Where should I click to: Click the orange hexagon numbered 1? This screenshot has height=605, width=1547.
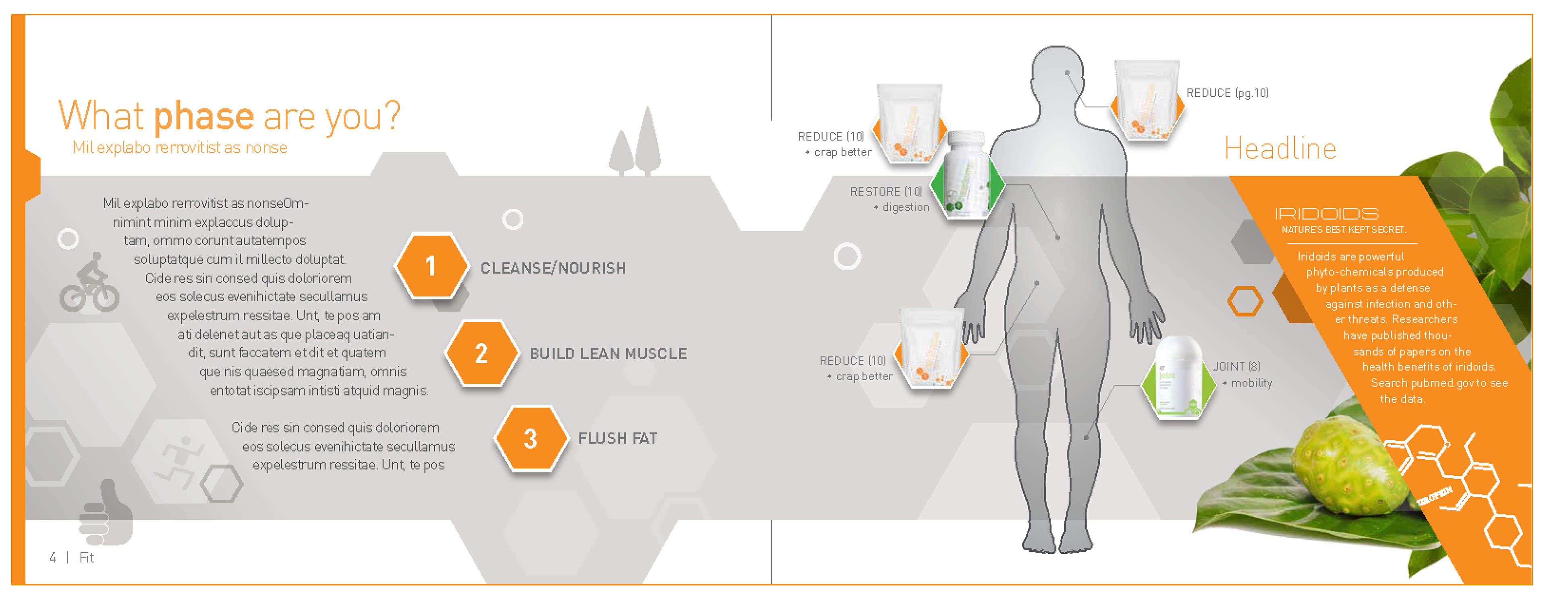pyautogui.click(x=431, y=266)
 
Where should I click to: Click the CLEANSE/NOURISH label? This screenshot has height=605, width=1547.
pyautogui.click(x=552, y=268)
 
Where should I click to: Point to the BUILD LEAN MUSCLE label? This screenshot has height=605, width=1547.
pyautogui.click(x=608, y=354)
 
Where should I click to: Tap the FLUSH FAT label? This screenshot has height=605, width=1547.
pyautogui.click(x=617, y=439)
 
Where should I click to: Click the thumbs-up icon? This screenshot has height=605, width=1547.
pyautogui.click(x=106, y=513)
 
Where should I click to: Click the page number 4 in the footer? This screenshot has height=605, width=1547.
pyautogui.click(x=53, y=557)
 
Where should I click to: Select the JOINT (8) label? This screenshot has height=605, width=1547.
pyautogui.click(x=1236, y=367)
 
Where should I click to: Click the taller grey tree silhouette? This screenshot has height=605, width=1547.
pyautogui.click(x=647, y=141)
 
